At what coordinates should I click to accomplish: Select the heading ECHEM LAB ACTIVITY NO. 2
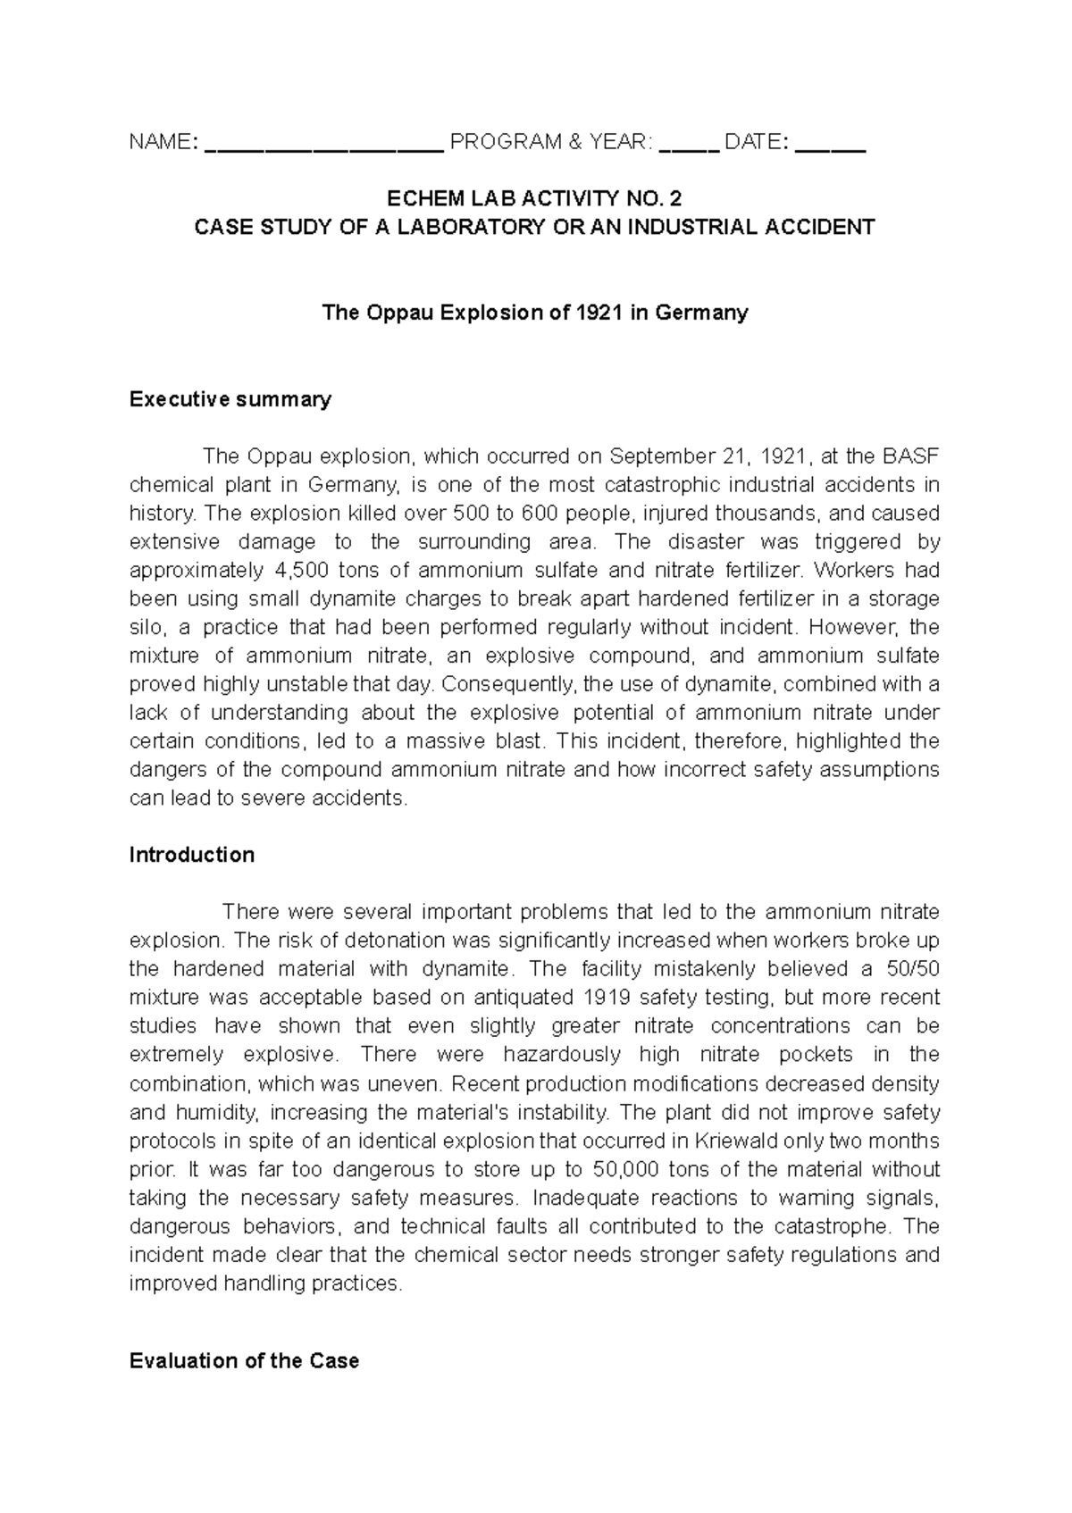(535, 198)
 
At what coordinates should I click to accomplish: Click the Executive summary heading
(230, 399)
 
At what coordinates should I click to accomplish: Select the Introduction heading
(192, 855)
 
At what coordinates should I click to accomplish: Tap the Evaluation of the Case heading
(244, 1361)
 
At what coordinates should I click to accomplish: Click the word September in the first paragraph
(659, 456)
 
